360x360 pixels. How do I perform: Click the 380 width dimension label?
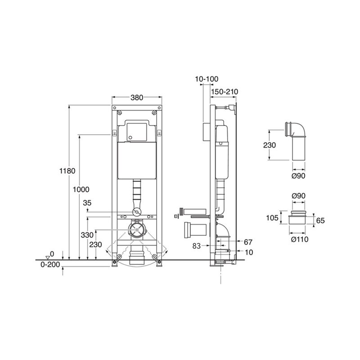(137, 98)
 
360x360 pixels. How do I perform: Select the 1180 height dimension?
(67, 171)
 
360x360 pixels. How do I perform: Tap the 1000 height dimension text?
(81, 189)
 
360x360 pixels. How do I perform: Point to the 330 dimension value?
(87, 235)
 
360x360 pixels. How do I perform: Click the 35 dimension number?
(87, 203)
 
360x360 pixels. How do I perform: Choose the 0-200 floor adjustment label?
(50, 265)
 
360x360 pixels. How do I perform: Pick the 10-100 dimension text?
(207, 79)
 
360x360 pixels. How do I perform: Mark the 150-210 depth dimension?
(225, 92)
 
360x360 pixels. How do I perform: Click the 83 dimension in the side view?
(197, 246)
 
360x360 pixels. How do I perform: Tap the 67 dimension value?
(248, 242)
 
